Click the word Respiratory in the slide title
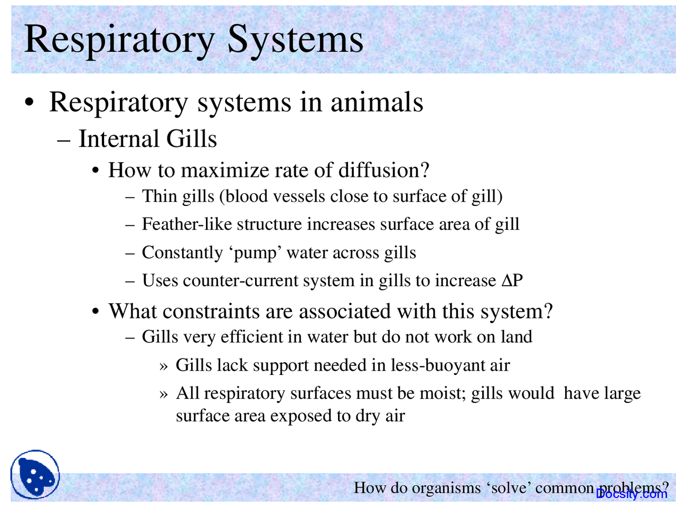(119, 40)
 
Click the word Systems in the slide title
(295, 40)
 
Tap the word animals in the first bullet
(377, 102)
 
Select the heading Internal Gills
(147, 139)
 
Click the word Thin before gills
(159, 196)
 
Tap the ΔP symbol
(512, 280)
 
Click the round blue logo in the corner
(35, 475)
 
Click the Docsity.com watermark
(632, 494)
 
